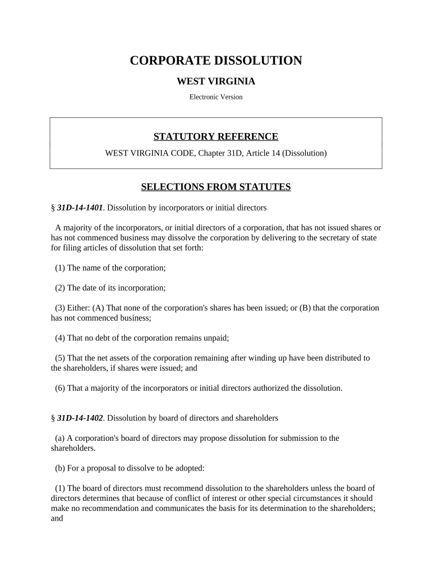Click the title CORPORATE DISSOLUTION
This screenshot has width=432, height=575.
(216, 61)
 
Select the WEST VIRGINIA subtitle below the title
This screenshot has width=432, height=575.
(216, 81)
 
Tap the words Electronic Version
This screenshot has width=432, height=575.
(216, 97)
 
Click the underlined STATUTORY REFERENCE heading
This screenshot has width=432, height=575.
(216, 136)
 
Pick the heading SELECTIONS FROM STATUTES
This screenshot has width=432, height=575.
(216, 187)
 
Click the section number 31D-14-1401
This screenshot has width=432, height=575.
(80, 208)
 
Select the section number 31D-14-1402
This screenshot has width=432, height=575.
(80, 418)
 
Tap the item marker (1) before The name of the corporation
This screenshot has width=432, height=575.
(60, 268)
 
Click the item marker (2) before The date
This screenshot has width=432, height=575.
(60, 288)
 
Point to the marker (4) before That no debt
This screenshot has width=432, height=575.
(60, 338)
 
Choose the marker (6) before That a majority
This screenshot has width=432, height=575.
(60, 388)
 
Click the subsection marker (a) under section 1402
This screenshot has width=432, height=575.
(59, 438)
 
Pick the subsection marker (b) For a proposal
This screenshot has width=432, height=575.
(60, 468)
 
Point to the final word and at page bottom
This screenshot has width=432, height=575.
(57, 518)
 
